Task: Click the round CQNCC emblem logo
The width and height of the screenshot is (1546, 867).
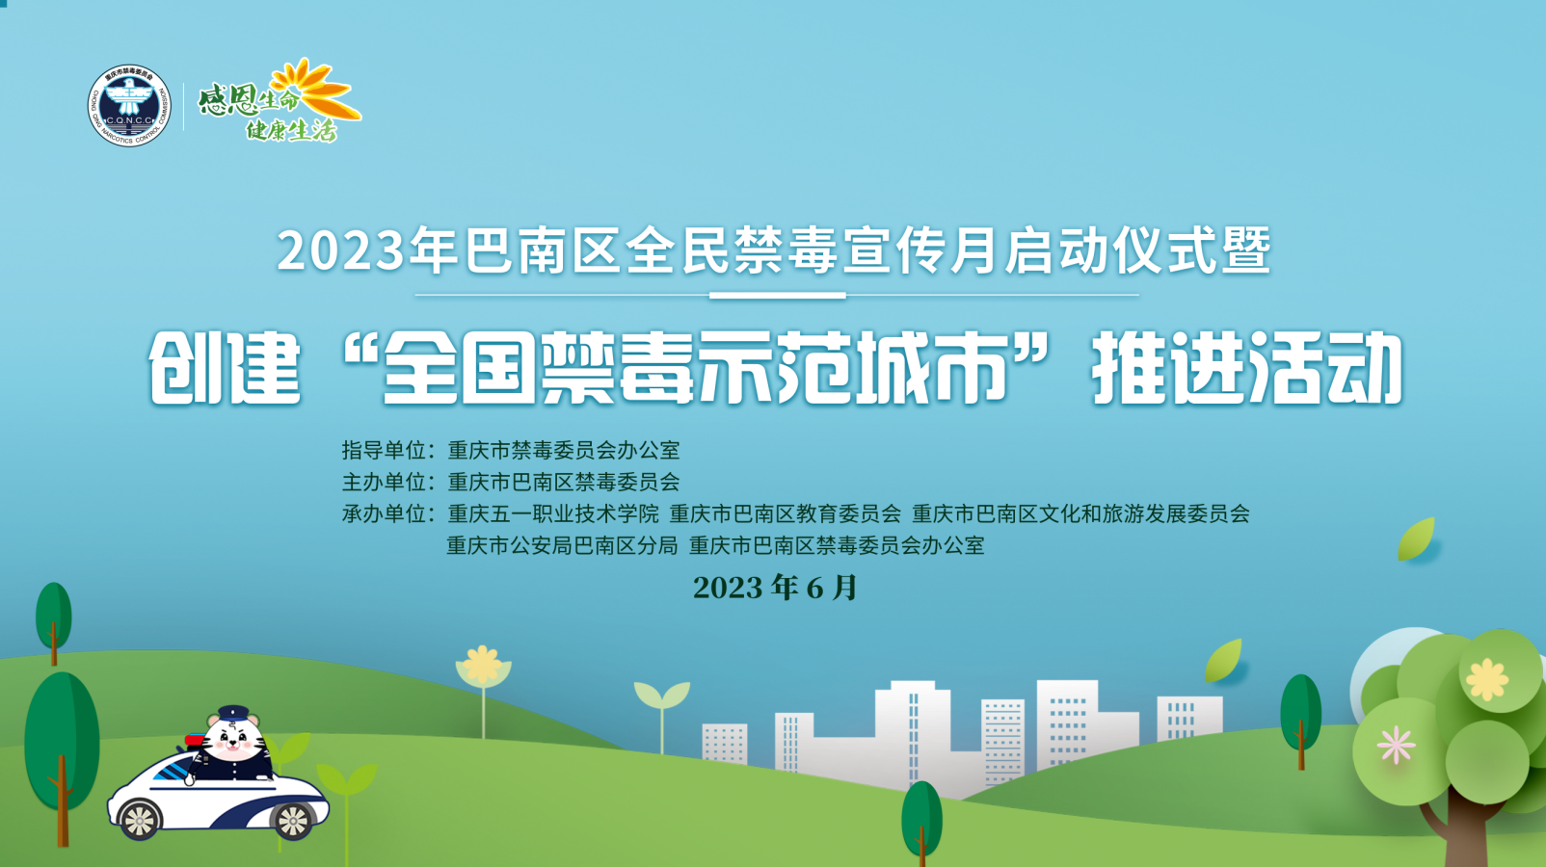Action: [x=129, y=106]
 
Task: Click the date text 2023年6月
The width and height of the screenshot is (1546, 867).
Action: [x=774, y=588]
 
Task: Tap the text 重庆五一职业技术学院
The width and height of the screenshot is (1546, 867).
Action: [x=553, y=513]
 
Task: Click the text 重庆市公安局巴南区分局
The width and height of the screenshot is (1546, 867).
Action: [x=562, y=545]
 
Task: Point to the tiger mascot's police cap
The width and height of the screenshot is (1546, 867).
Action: [x=233, y=713]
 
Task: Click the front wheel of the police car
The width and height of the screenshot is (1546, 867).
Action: [x=141, y=820]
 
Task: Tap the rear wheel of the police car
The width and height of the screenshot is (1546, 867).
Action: [x=292, y=821]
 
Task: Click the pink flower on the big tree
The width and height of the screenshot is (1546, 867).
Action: [x=1396, y=745]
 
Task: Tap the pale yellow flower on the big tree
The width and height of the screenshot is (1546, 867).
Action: [x=1487, y=680]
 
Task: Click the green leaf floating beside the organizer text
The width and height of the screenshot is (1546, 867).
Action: [x=1416, y=539]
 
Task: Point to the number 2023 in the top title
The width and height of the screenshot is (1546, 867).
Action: [x=340, y=250]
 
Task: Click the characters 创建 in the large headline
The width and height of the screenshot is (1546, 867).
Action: [x=225, y=368]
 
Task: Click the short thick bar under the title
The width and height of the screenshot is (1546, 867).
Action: [x=778, y=295]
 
